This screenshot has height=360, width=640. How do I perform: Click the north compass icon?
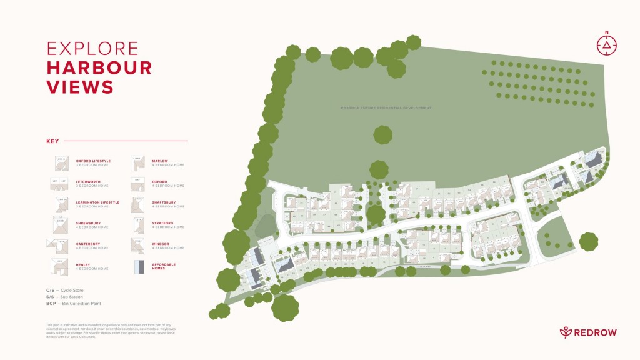tap(606, 45)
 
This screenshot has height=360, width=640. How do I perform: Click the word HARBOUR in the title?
tap(99, 67)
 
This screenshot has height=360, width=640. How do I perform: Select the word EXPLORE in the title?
tap(92, 48)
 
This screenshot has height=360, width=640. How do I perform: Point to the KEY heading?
tap(52, 141)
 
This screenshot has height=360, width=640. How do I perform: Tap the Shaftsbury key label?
tap(164, 202)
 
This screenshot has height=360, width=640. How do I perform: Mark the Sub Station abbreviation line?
tap(68, 297)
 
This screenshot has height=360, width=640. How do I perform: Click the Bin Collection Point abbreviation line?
tap(74, 304)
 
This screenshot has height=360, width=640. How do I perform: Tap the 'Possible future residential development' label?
tap(386, 108)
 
